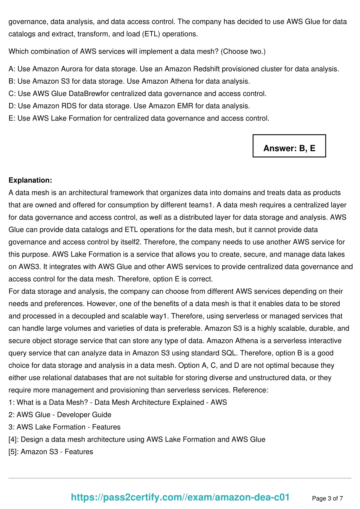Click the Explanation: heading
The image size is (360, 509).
[30, 180]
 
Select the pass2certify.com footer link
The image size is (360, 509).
[180, 497]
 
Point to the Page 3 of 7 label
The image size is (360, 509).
[327, 498]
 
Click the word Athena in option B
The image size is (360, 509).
[182, 81]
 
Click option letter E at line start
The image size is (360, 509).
[11, 118]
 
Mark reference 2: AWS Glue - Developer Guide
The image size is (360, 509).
[60, 415]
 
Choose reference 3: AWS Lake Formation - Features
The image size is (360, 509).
[64, 427]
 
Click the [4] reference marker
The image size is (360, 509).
[13, 439]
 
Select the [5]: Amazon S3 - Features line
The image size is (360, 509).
[51, 452]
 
